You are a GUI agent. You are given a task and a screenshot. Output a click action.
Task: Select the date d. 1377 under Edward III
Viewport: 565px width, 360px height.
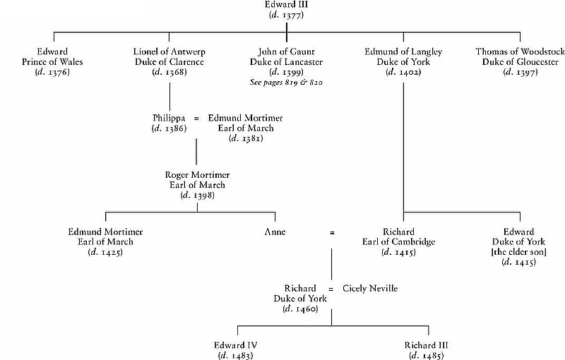coord(285,16)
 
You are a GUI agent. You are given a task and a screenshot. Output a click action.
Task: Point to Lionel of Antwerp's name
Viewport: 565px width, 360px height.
coord(169,52)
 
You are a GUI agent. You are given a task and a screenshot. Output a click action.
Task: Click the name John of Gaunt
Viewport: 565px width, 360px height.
coord(285,52)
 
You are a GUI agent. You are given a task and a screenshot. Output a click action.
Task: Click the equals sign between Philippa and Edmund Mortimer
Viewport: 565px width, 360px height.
coord(196,117)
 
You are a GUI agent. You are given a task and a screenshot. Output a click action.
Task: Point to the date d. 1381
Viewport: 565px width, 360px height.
coord(246,138)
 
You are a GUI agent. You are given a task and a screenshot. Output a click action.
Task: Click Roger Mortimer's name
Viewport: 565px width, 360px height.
coord(197,174)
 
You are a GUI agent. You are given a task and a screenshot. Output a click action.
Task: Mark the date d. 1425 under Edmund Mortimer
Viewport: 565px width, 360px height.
coord(106,252)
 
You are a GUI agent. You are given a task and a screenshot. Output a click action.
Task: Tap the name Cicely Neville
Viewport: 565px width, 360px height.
coord(369,289)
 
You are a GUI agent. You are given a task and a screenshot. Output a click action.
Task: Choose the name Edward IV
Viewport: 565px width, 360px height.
coord(236,345)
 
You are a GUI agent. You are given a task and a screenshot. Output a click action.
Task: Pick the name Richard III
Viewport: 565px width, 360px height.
coord(427,345)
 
